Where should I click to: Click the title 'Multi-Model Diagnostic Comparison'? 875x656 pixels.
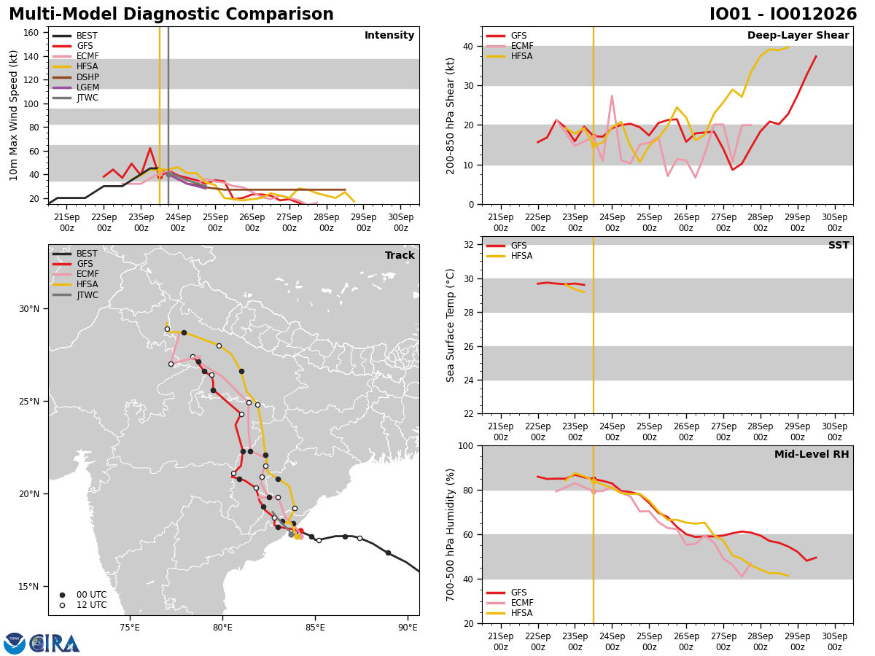pyautogui.click(x=171, y=14)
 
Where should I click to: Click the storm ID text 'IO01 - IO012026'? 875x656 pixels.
pyautogui.click(x=783, y=14)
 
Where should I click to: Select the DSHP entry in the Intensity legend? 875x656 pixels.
pyautogui.click(x=76, y=77)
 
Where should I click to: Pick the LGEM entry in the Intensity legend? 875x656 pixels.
pyautogui.click(x=76, y=87)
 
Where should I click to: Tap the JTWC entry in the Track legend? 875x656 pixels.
pyautogui.click(x=75, y=295)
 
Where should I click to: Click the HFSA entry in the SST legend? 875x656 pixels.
pyautogui.click(x=510, y=256)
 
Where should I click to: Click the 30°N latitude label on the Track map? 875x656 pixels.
pyautogui.click(x=29, y=308)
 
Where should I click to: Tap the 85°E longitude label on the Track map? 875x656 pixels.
pyautogui.click(x=315, y=628)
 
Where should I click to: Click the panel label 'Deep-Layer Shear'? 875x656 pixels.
pyautogui.click(x=798, y=35)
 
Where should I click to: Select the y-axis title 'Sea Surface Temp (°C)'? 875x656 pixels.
pyautogui.click(x=450, y=325)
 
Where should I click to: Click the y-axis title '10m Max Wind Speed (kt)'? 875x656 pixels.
pyautogui.click(x=13, y=115)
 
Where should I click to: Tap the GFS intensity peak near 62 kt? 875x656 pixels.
pyautogui.click(x=150, y=148)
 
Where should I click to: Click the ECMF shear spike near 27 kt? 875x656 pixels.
pyautogui.click(x=612, y=95)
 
